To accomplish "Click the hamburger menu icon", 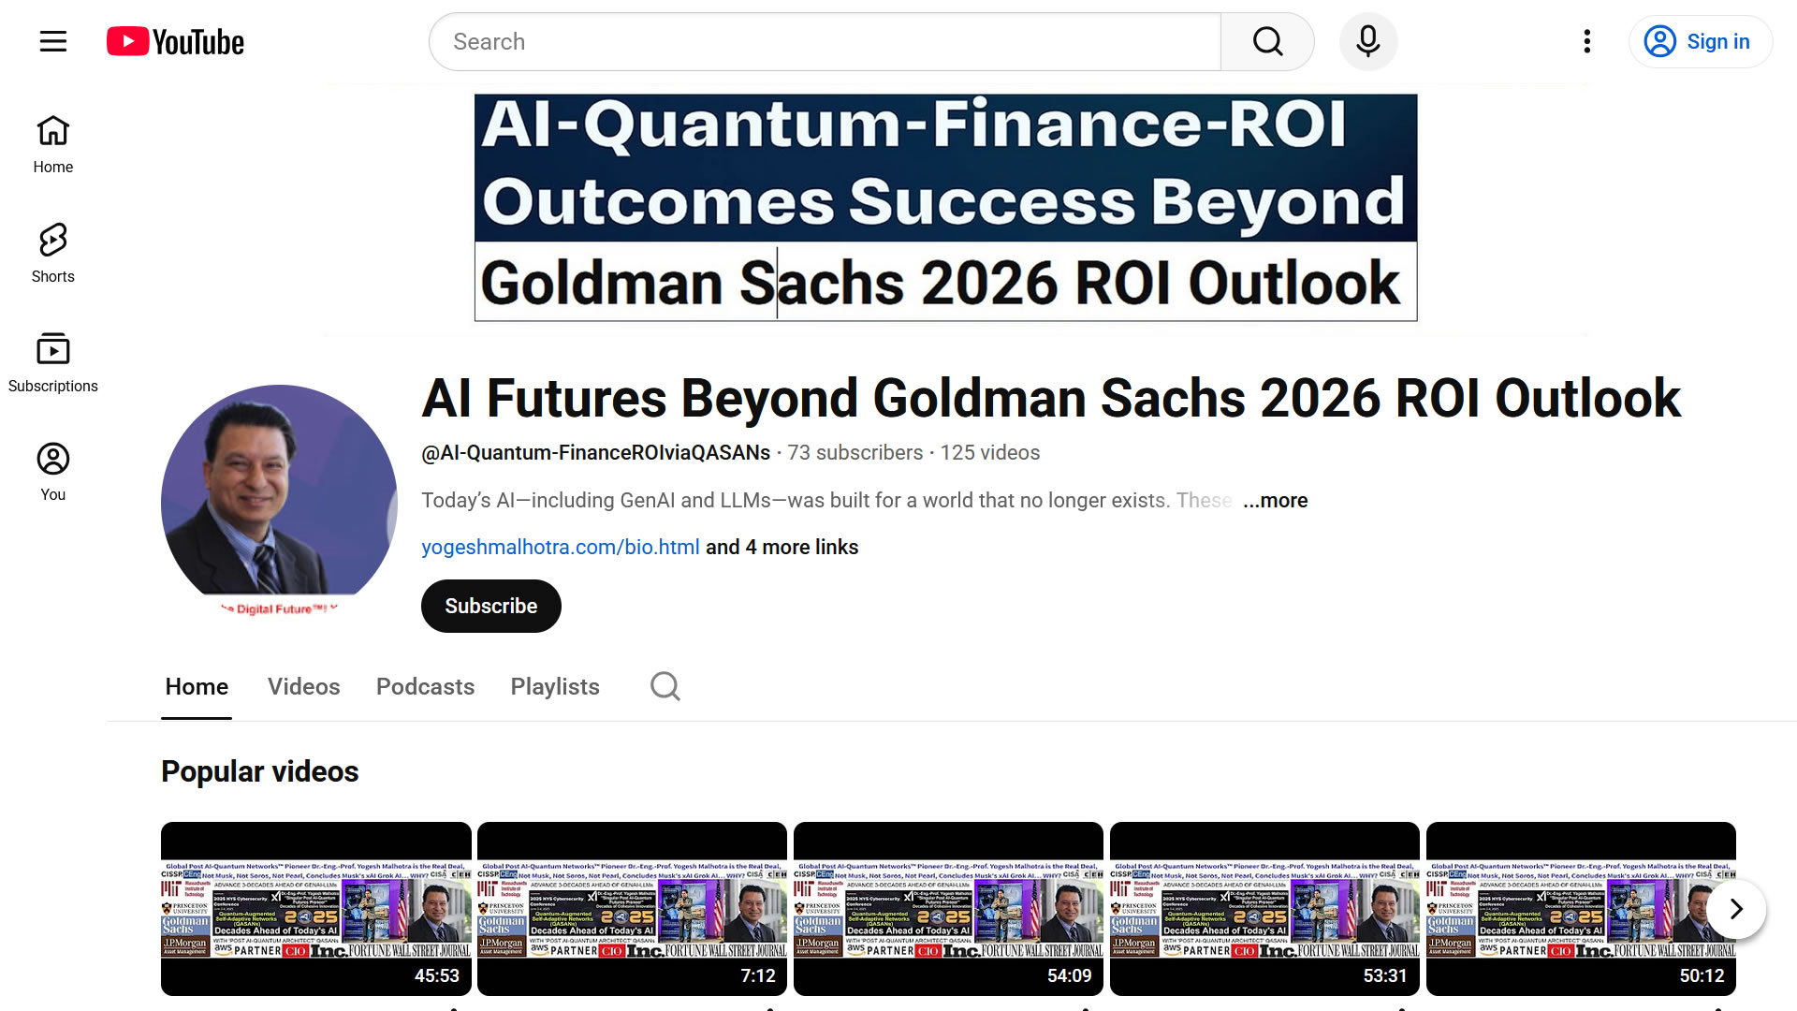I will coord(53,41).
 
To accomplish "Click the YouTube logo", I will coord(175,41).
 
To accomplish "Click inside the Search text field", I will coord(824,41).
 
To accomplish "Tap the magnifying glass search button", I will coord(1267,41).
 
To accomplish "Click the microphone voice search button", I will coord(1367,41).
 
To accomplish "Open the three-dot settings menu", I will coord(1586,41).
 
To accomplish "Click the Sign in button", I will coord(1699,41).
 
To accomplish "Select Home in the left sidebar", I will coord(53,144).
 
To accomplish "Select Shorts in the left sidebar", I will coord(53,253).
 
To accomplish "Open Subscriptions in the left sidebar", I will coord(53,362).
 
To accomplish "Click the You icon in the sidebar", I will coord(53,472).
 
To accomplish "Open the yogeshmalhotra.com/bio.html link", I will coord(560,547).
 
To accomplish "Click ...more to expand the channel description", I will coord(1275,500).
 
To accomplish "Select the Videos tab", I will coord(303,686).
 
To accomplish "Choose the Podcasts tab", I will coord(425,686).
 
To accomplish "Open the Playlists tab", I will coord(555,686).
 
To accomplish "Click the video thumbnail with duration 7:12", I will coord(632,908).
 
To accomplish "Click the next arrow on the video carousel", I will coord(1735,908).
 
